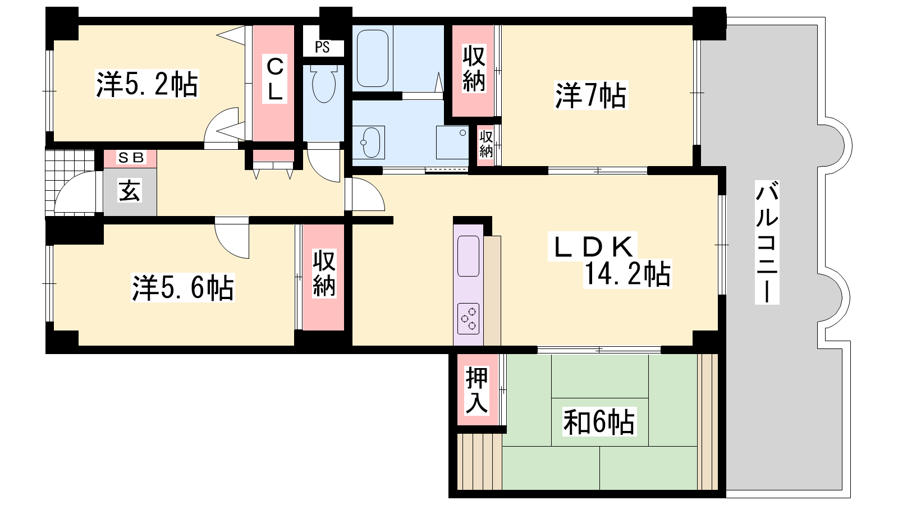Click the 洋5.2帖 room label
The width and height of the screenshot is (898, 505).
tap(147, 84)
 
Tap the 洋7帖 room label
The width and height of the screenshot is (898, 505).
tap(590, 95)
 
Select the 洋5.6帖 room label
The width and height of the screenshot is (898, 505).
tap(183, 287)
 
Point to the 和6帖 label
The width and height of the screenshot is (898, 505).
tap(599, 421)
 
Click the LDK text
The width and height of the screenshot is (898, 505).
tap(593, 246)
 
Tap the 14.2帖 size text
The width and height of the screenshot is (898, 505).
tap(627, 274)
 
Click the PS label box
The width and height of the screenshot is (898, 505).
tap(323, 47)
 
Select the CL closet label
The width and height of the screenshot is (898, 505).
tap(274, 79)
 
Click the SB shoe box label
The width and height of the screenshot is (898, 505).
tap(130, 158)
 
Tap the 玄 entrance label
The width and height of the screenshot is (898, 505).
tap(130, 191)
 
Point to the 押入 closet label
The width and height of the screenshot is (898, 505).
tap(477, 391)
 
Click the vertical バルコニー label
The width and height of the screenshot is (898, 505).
tap(767, 242)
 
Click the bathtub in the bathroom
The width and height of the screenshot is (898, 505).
tap(373, 58)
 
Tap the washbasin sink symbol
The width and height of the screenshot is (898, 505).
tap(369, 143)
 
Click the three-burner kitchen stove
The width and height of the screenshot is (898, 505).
tap(468, 319)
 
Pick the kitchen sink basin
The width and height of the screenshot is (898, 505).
tap(468, 256)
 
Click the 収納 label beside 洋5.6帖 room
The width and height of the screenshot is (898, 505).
tap(324, 273)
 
